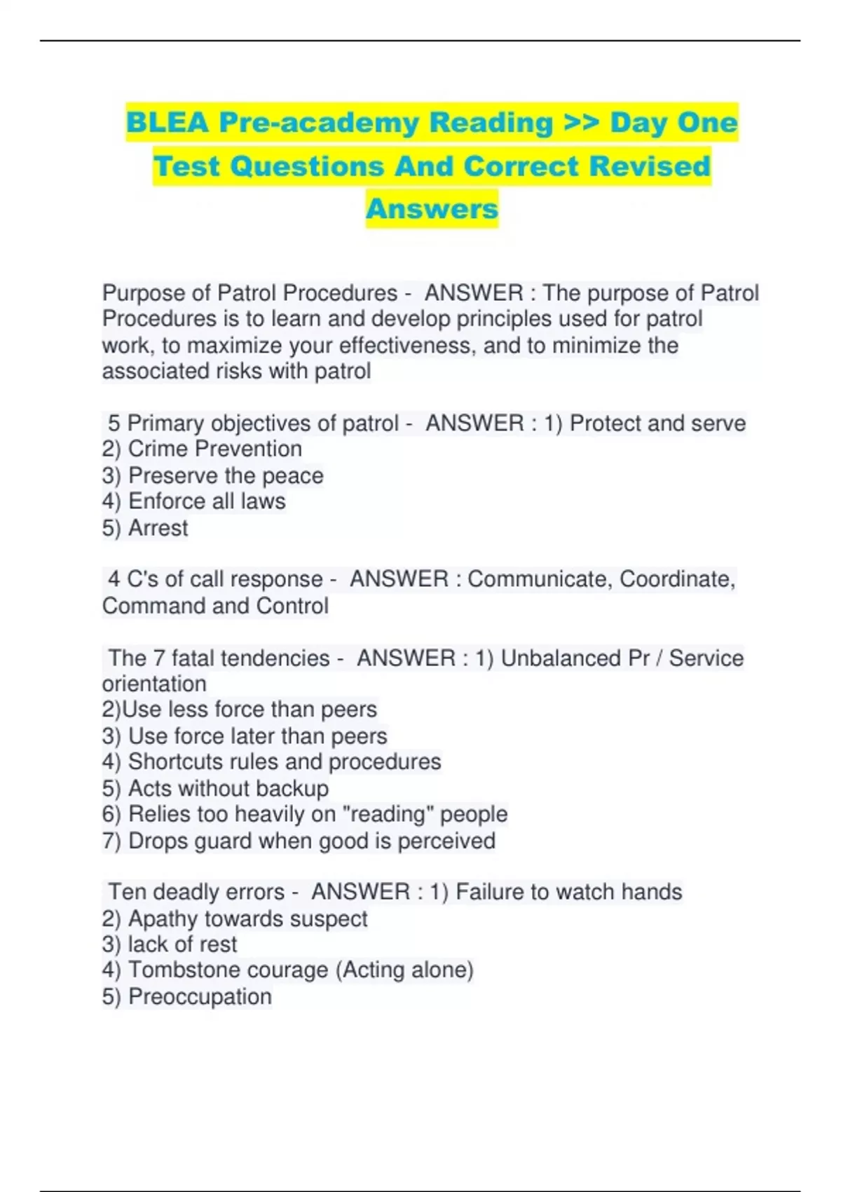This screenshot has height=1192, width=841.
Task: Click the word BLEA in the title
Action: tap(167, 123)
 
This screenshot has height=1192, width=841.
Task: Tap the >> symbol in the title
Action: tap(582, 123)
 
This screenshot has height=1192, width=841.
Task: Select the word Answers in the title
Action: tap(432, 208)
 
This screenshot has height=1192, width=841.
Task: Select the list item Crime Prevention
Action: tap(214, 449)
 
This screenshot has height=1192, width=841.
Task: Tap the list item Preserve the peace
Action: tap(226, 475)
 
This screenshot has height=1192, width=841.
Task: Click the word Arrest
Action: tap(158, 528)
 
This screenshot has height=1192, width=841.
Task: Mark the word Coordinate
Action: tap(677, 579)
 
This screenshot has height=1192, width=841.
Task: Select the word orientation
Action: tap(154, 684)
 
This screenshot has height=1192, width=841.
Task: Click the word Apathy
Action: tap(164, 919)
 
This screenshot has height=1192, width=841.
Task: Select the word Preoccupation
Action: tap(200, 996)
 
